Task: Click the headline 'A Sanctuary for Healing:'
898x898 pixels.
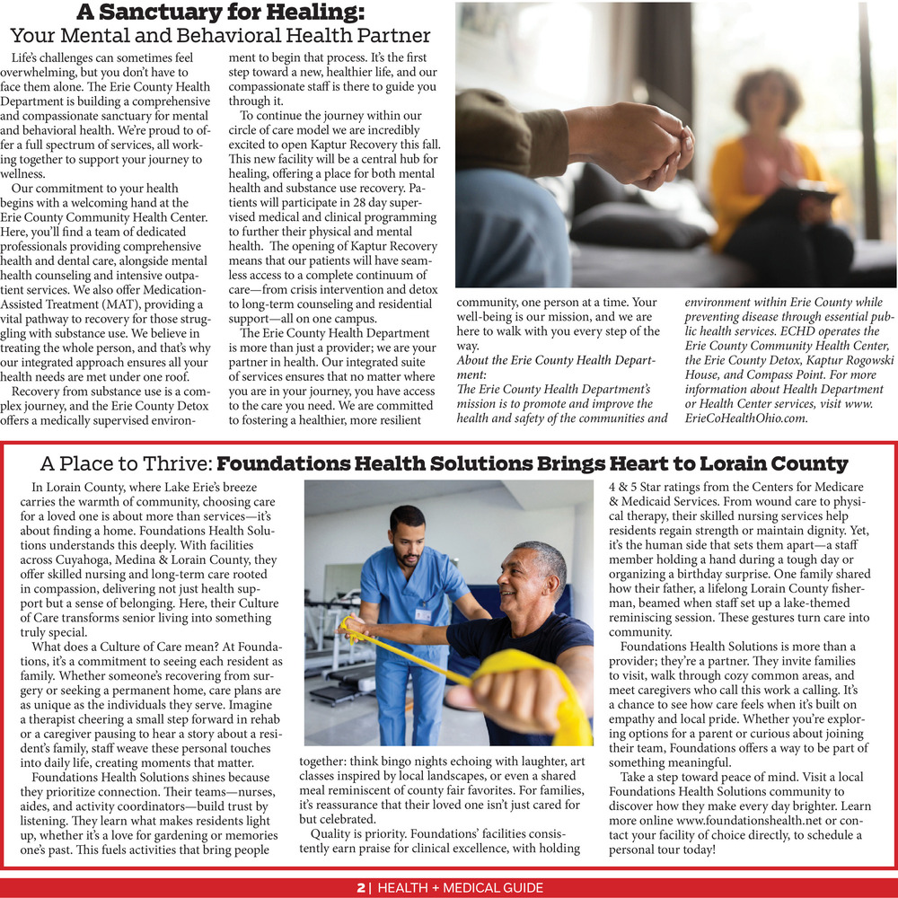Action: pos(220,13)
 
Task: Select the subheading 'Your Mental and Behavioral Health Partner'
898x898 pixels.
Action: pos(220,37)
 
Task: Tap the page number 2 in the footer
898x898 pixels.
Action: pos(361,888)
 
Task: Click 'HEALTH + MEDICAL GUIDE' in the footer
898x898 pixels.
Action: pos(461,888)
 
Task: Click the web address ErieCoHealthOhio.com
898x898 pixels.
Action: pos(746,418)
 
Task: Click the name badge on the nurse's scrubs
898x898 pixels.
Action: pos(423,615)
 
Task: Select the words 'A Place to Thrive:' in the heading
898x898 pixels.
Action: pos(126,464)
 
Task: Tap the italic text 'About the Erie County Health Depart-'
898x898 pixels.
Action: pos(557,360)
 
